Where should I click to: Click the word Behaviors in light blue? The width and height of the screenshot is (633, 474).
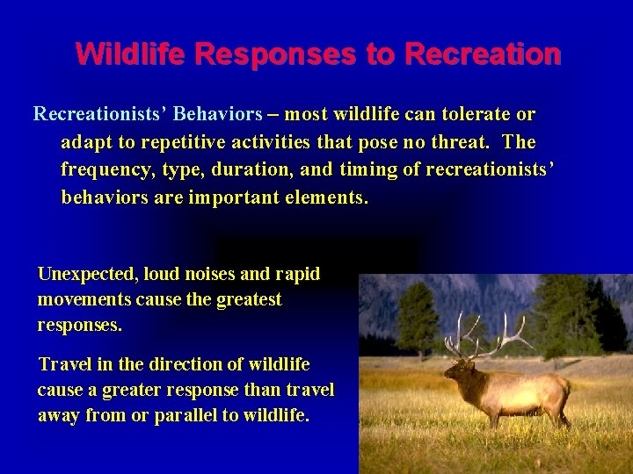[x=218, y=114]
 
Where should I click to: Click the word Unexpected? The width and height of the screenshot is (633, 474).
[x=86, y=274]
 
